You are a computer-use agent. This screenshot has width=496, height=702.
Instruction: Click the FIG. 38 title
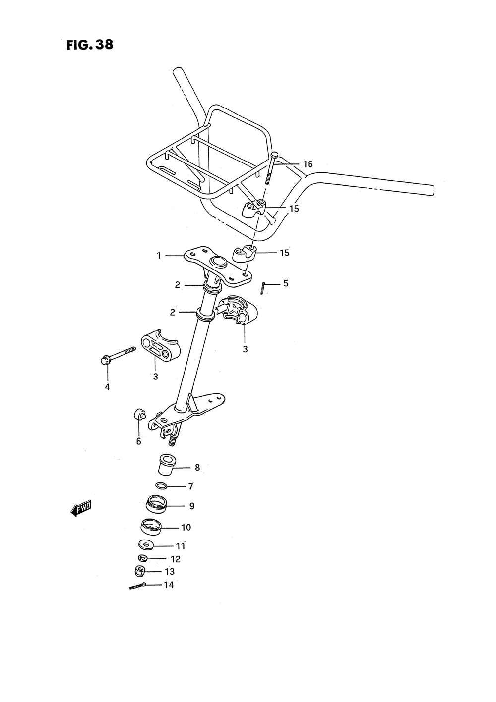[89, 45]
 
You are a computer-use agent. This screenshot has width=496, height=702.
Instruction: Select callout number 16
[308, 164]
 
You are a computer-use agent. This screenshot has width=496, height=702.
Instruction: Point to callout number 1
[159, 256]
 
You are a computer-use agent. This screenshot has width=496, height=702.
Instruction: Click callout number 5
[286, 283]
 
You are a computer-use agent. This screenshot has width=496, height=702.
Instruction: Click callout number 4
[107, 387]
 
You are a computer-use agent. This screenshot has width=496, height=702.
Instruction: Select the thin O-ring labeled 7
[162, 486]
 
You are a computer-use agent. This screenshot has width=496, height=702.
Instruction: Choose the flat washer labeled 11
[146, 545]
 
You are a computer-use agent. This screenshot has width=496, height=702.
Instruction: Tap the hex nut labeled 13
[140, 571]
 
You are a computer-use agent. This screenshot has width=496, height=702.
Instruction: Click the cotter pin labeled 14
[137, 586]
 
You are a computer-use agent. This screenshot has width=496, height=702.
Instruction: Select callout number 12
[175, 559]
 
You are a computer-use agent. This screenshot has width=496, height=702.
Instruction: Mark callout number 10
[186, 528]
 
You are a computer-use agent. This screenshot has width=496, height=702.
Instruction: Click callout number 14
[169, 585]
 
